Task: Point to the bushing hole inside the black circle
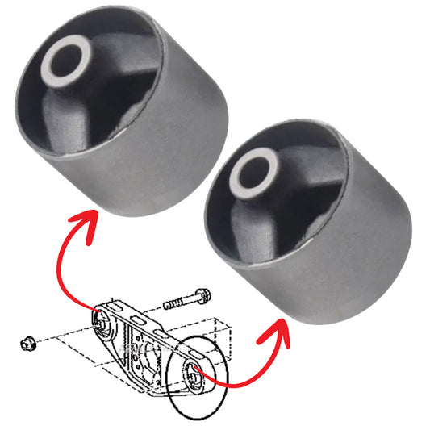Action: [x=194, y=374]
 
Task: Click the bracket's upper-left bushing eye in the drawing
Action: [x=102, y=322]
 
